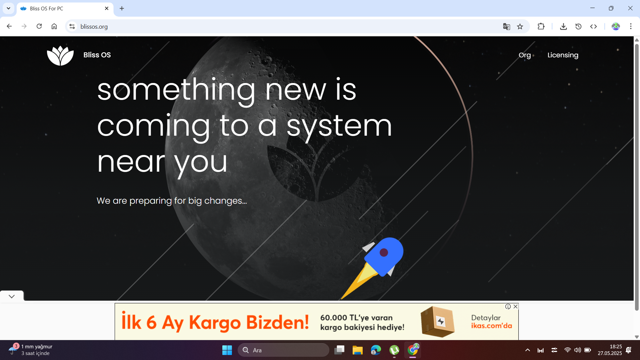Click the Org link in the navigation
pos(525,55)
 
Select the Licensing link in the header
pos(563,55)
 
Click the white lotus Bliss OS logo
pos(60,55)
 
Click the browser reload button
pos(39,26)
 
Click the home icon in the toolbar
pos(54,26)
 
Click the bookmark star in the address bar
pos(520,27)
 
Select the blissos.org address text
pos(94,27)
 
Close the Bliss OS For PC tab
pos(107,8)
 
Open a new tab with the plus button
pos(122,8)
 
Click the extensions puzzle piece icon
pos(541,26)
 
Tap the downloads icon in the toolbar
pos(563,27)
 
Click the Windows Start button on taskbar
pos(227,350)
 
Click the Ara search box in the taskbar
pos(283,350)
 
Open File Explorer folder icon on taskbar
pos(357,350)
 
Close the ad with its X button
pos(516,306)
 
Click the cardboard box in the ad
pos(438,321)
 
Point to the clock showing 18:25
pos(616,347)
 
